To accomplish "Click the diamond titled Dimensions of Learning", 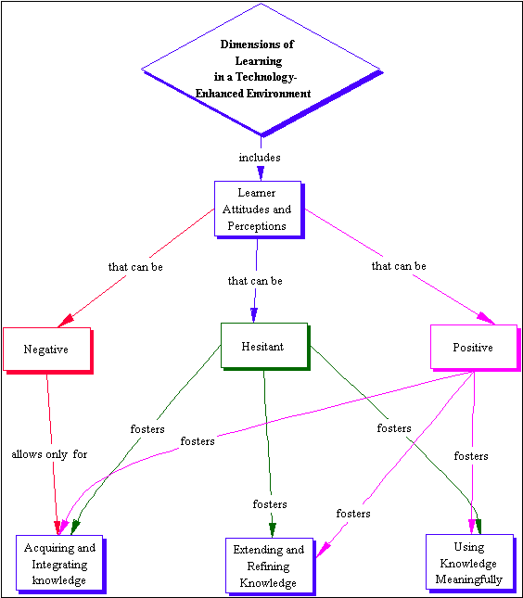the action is pyautogui.click(x=261, y=70).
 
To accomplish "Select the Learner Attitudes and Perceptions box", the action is pyautogui.click(x=259, y=210).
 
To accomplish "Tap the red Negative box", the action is pyautogui.click(x=47, y=350).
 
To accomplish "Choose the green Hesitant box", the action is pyautogui.click(x=265, y=347).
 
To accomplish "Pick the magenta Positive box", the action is pyautogui.click(x=475, y=348).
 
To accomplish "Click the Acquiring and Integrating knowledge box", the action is pyautogui.click(x=60, y=564).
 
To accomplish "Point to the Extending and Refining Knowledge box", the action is pyautogui.click(x=270, y=566).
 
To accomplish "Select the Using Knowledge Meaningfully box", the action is pyautogui.click(x=470, y=564).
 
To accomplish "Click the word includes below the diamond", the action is pyautogui.click(x=260, y=158).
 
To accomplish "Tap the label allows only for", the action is pyautogui.click(x=49, y=454).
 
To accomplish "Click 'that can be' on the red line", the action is pyautogui.click(x=135, y=267).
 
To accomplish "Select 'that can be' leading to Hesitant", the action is pyautogui.click(x=255, y=281).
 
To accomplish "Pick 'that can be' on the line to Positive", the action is pyautogui.click(x=399, y=266).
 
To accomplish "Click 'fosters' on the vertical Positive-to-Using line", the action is pyautogui.click(x=471, y=456).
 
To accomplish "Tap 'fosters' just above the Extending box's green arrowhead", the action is pyautogui.click(x=270, y=504).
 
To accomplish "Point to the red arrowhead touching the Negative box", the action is pyautogui.click(x=66, y=321).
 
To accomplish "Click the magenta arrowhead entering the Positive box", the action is pyautogui.click(x=486, y=318).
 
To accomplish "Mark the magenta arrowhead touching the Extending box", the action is pyautogui.click(x=323, y=550).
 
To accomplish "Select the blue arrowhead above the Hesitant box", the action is pyautogui.click(x=254, y=315).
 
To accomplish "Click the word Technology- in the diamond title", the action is pyautogui.click(x=266, y=77).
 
